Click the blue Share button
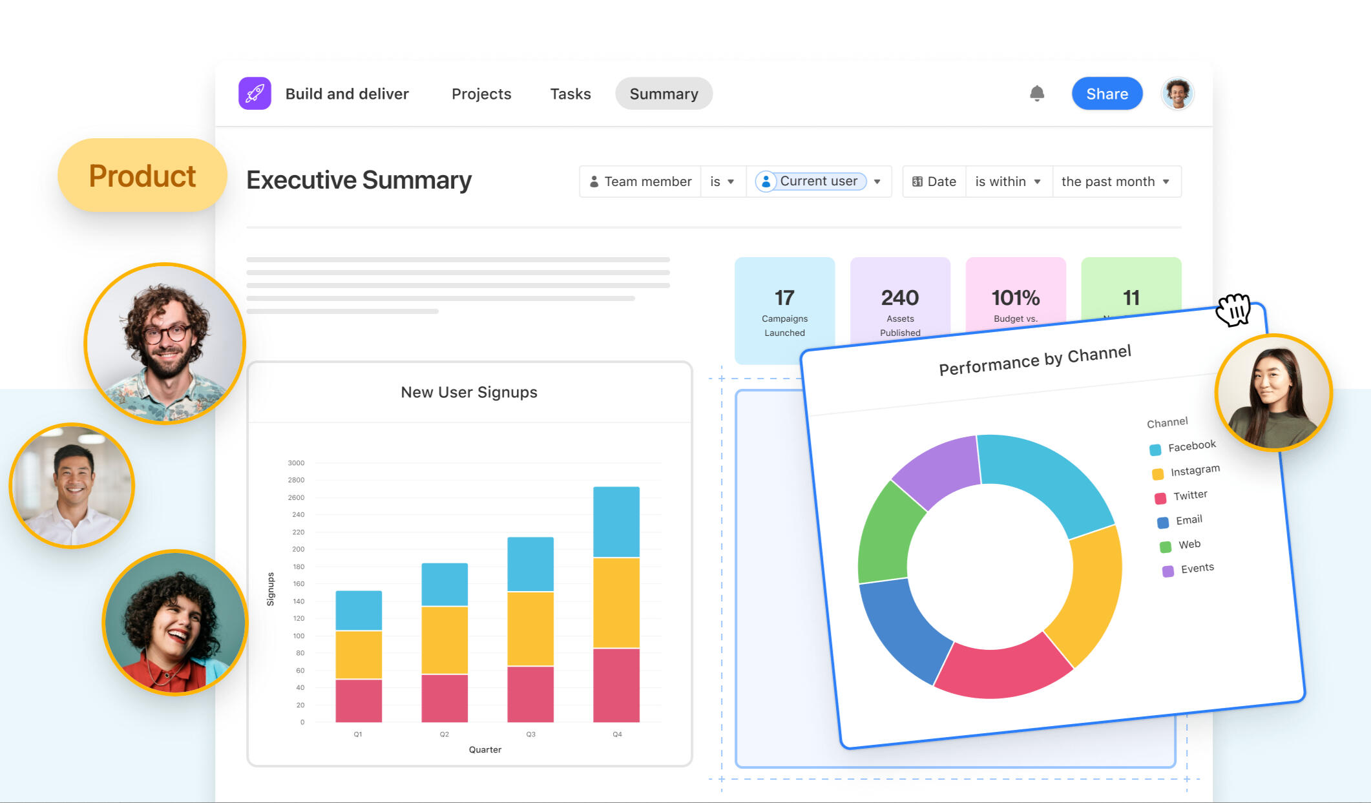point(1107,94)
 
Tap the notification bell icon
point(1037,94)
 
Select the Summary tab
point(664,94)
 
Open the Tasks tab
point(570,94)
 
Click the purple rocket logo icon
point(255,94)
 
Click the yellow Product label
point(142,176)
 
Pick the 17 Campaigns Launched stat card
point(784,310)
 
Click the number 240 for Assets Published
point(900,298)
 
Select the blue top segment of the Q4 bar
point(616,521)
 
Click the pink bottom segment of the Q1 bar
point(359,700)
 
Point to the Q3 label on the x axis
point(530,735)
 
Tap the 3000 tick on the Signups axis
point(296,463)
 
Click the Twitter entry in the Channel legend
point(1189,495)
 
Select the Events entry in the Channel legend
point(1197,568)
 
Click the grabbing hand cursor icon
point(1233,310)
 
